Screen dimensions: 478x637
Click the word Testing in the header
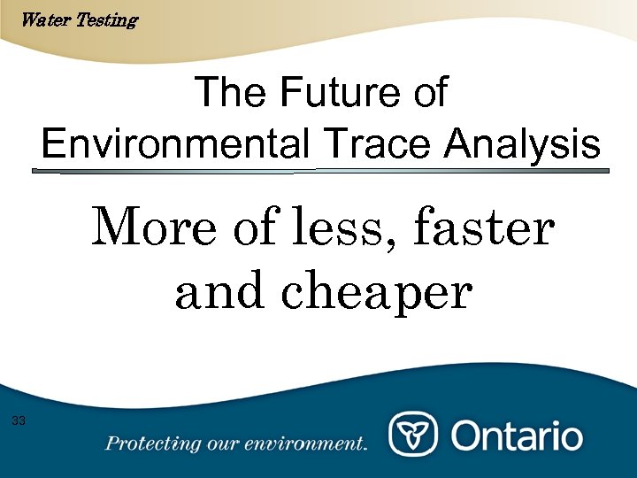click(x=106, y=20)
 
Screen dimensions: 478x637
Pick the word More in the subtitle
click(x=157, y=227)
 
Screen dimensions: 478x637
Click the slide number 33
click(x=19, y=420)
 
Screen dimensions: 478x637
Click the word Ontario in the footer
click(x=518, y=436)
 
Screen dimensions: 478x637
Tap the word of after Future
click(x=426, y=93)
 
